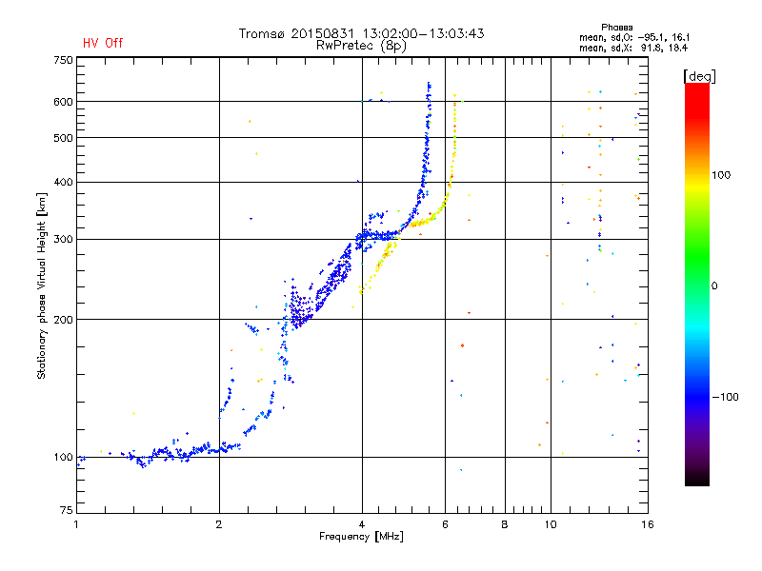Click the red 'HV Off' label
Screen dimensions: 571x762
coord(102,43)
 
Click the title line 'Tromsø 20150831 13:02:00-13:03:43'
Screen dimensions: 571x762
coord(361,33)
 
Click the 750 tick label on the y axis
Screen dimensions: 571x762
coord(63,59)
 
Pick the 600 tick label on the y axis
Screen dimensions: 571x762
coord(63,101)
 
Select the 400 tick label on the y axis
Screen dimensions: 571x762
coord(63,182)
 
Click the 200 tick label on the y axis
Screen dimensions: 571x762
coord(63,319)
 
